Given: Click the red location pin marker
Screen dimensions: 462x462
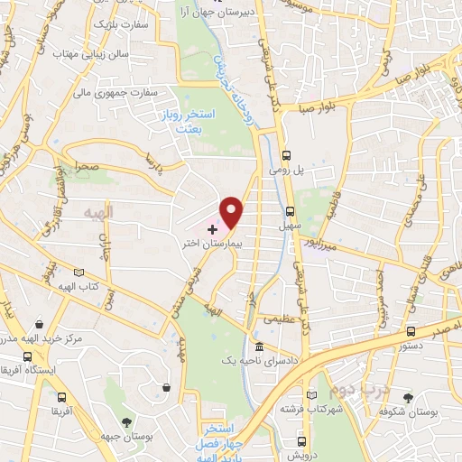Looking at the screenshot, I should (x=232, y=210).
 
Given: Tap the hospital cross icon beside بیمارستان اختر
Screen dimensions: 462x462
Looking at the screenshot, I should (x=213, y=230).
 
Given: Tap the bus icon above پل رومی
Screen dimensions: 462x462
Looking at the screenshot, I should (x=286, y=155).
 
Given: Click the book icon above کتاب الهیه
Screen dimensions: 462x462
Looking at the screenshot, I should (x=79, y=273).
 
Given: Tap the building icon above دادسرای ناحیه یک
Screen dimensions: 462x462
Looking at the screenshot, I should (x=260, y=347).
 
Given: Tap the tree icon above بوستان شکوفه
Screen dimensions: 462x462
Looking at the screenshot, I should (x=409, y=398).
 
